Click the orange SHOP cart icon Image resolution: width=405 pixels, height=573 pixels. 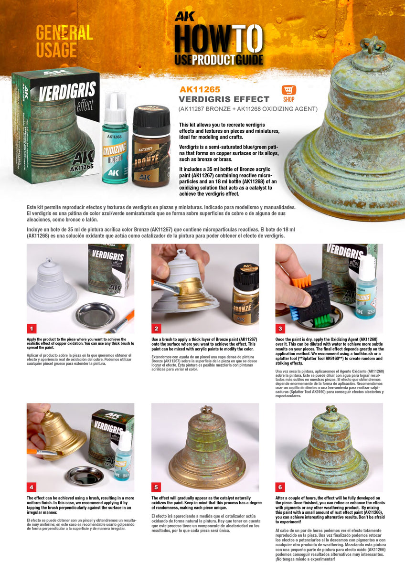coord(289,90)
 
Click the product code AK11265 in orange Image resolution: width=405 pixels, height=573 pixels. coord(200,89)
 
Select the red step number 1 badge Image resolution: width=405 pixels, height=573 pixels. coord(32,329)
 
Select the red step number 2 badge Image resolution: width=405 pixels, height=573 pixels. coord(157,329)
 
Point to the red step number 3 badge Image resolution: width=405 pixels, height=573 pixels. coord(281,329)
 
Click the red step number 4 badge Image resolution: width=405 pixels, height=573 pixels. coord(32,487)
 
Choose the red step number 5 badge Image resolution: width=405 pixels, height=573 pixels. coord(157,487)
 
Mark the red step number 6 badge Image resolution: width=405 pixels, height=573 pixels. coord(281,487)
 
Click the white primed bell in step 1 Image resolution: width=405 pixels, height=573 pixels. coord(51,286)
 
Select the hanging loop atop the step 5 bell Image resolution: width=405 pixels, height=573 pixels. coord(206,410)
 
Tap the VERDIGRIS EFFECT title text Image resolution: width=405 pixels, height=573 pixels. coord(224,99)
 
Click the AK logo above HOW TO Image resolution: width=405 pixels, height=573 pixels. coord(184,16)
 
